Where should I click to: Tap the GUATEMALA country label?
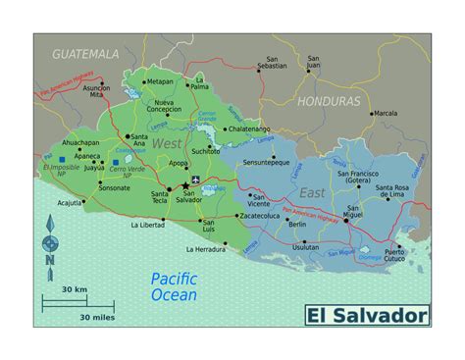(x=85, y=53)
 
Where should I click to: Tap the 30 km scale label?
(x=75, y=290)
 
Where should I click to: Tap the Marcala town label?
(x=387, y=114)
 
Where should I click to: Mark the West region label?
(x=168, y=144)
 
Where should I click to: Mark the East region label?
(x=311, y=193)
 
